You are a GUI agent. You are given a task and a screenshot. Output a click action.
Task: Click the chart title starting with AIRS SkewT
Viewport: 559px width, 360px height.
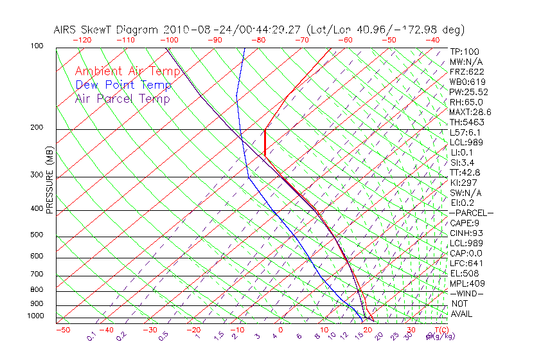pyautogui.click(x=259, y=30)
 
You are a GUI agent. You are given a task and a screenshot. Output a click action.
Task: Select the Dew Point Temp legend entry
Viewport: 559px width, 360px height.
pyautogui.click(x=123, y=85)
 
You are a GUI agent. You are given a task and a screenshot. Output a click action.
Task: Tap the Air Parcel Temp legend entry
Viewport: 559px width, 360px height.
pyautogui.click(x=122, y=98)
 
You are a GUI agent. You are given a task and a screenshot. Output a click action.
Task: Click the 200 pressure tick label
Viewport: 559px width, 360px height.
pyautogui.click(x=37, y=127)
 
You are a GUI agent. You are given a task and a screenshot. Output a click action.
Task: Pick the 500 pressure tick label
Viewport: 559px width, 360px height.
pyautogui.click(x=37, y=235)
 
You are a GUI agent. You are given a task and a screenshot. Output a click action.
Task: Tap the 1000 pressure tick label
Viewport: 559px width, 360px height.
pyautogui.click(x=35, y=316)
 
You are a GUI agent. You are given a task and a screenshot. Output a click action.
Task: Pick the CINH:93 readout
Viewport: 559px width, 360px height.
pyautogui.click(x=466, y=233)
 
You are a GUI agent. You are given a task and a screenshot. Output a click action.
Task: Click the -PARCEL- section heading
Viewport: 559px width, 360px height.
pyautogui.click(x=471, y=213)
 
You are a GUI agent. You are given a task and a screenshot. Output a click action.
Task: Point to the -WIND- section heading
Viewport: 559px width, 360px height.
pyautogui.click(x=466, y=293)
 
